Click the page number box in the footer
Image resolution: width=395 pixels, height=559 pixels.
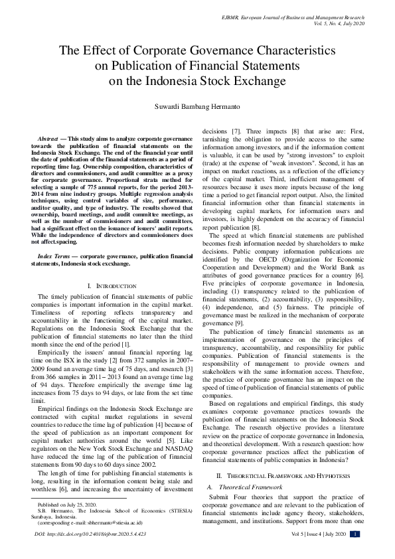click(x=356, y=552)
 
